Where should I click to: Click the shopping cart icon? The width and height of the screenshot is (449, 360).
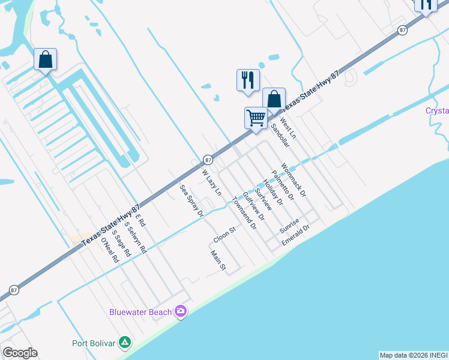pos(256,118)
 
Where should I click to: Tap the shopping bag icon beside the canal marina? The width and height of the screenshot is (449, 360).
pos(45,59)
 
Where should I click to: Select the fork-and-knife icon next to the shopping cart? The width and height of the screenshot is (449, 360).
pos(248,80)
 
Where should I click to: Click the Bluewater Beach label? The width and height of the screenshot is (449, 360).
pos(141,311)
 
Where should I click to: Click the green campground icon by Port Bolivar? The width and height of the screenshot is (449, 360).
pos(125,343)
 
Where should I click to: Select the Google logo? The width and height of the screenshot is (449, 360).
pos(20,353)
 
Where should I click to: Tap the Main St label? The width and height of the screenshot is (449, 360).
pos(217,260)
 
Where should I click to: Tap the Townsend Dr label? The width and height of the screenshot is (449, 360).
pos(244,213)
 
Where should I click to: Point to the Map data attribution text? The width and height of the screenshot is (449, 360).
pos(413,355)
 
